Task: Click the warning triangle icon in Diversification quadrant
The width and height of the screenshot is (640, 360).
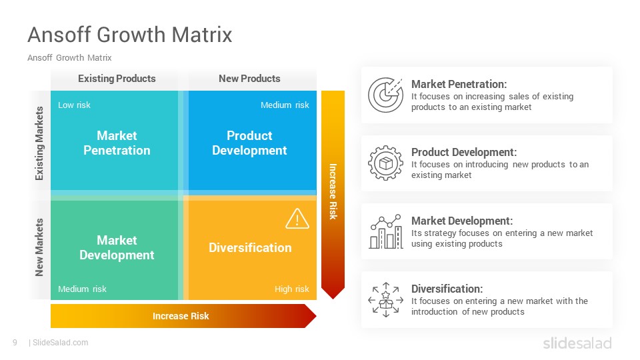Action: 297,219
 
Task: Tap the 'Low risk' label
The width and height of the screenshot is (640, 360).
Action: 74,105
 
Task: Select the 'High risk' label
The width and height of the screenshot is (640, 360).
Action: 291,289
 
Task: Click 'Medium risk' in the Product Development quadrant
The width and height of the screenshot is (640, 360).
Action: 285,105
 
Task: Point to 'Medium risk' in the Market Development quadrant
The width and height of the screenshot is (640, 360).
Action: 82,289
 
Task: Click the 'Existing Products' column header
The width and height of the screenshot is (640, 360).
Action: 117,79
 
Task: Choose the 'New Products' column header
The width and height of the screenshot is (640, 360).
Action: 249,79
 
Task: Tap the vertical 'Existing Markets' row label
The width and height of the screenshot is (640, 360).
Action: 39,143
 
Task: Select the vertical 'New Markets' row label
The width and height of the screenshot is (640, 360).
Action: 39,247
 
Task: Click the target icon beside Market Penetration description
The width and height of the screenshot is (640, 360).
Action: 385,95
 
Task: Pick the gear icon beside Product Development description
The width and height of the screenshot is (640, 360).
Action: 385,163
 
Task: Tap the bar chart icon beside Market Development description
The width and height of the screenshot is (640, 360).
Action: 386,231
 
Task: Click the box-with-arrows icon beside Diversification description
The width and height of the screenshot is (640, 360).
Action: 386,300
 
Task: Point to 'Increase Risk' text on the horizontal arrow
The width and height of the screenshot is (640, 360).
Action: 181,316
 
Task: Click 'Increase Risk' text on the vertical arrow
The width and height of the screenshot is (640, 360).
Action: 333,191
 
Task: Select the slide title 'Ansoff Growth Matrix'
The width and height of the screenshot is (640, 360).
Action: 130,34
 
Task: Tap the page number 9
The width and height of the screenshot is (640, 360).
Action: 15,343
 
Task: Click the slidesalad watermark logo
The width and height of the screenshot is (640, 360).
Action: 577,343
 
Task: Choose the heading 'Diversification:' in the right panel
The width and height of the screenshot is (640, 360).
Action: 447,289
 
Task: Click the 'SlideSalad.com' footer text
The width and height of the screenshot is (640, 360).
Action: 61,343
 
